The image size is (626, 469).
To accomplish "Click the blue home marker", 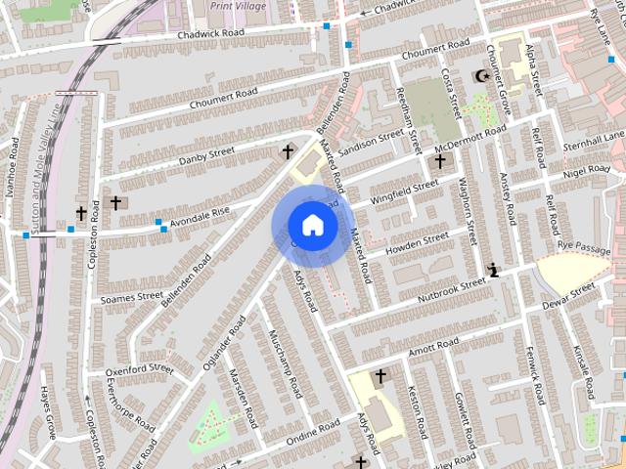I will point(311,226).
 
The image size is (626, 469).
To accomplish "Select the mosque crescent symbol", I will point(479,76).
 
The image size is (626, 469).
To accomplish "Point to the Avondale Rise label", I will point(200,216).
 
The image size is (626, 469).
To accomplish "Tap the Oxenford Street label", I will point(139,369).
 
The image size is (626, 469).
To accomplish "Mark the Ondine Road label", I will point(312,432).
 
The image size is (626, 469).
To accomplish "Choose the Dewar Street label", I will point(569,294).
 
